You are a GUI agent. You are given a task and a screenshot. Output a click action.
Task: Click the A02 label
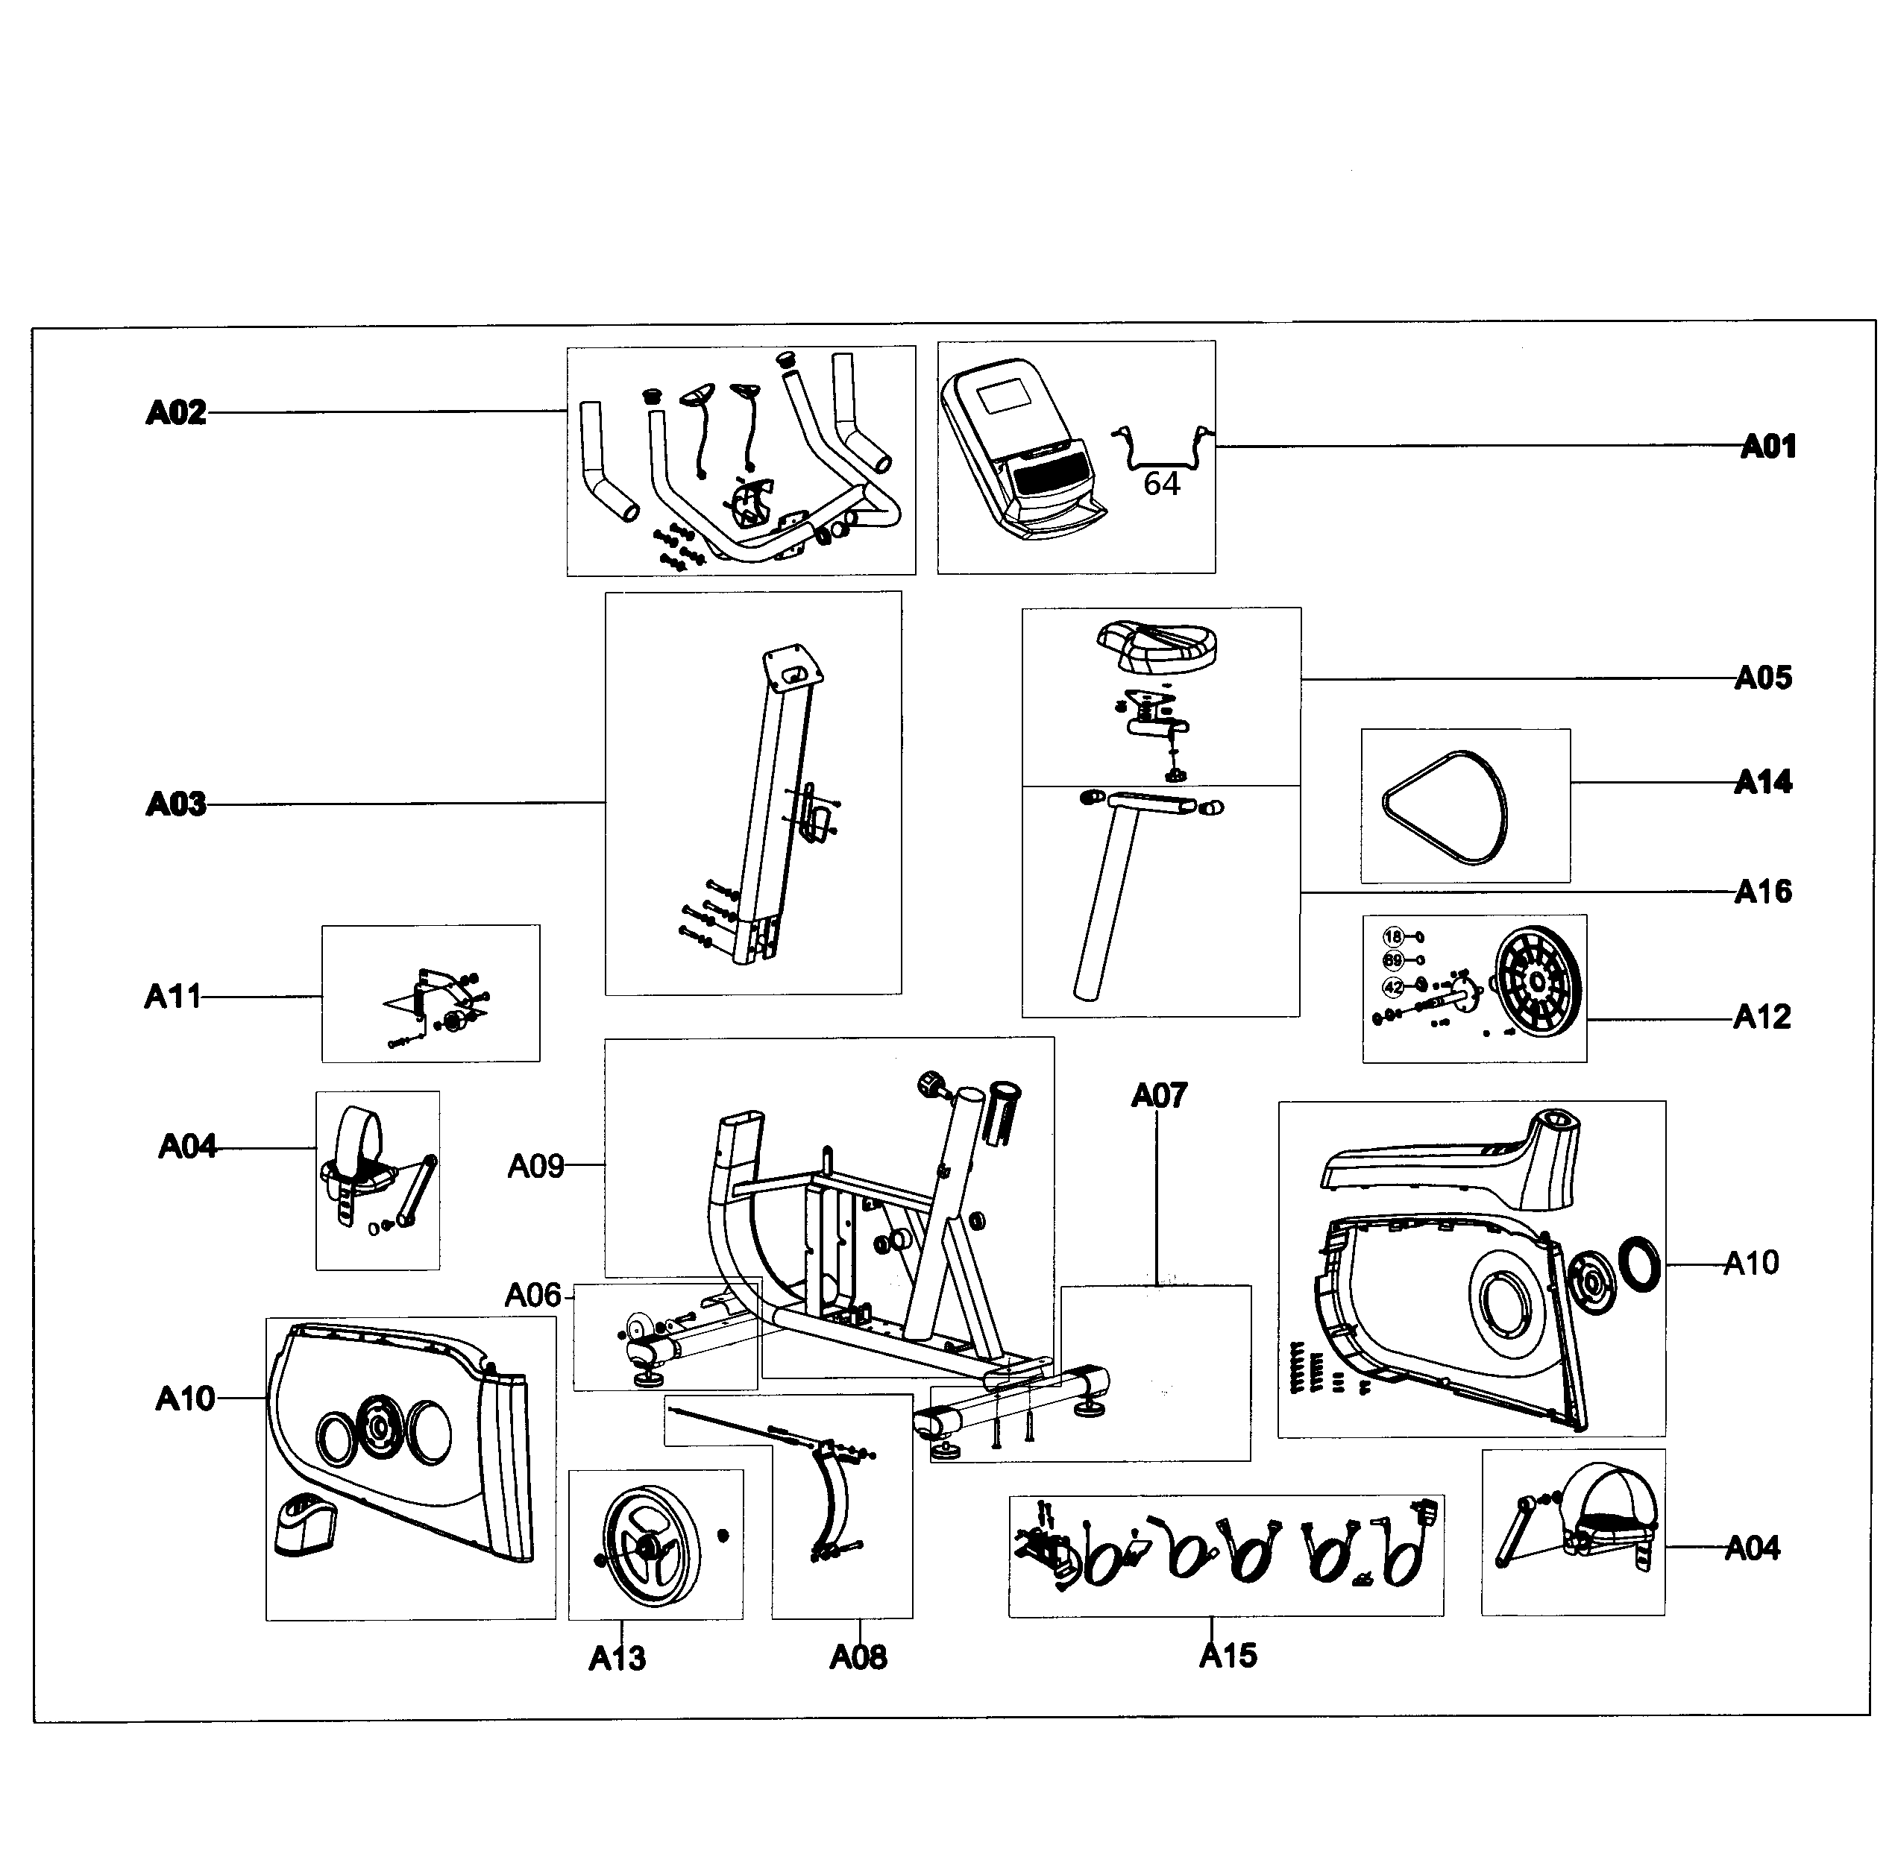click(176, 414)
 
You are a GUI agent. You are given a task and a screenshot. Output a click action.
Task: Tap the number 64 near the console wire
click(1161, 484)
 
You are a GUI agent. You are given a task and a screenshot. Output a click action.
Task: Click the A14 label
click(1762, 782)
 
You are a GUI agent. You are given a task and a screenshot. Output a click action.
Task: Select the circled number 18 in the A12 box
click(1392, 936)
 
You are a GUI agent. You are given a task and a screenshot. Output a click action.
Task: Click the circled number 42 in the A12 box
click(1392, 987)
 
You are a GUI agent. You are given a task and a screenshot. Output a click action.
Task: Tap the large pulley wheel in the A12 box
click(1537, 981)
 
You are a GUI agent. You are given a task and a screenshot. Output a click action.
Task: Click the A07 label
click(1158, 1097)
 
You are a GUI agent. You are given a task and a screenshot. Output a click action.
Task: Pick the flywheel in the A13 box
click(652, 1547)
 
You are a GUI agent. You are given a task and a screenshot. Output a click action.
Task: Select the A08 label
click(858, 1657)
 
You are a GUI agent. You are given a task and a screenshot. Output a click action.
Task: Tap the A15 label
click(1228, 1655)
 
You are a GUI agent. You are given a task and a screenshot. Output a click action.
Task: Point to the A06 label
click(532, 1295)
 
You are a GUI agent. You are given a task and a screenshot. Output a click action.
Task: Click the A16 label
click(1762, 892)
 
